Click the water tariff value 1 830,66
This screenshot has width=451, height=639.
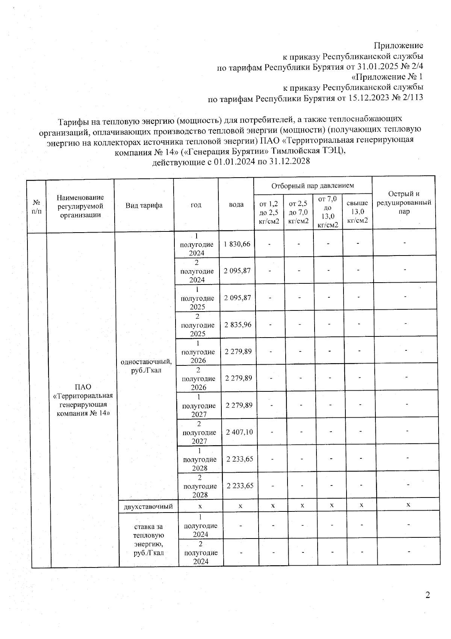coord(237,244)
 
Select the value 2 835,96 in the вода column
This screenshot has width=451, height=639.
coord(238,324)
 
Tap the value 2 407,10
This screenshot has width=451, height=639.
coord(239,432)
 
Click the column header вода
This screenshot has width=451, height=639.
coord(236,204)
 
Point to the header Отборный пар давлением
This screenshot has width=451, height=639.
coord(313,186)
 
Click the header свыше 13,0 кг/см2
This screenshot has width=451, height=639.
coord(357,212)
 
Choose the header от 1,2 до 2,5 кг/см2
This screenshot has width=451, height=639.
coord(269,212)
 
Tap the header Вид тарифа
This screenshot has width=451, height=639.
coord(144,205)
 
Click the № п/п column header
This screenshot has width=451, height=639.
coord(36,206)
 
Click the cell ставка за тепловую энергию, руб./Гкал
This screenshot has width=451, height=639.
coord(148,540)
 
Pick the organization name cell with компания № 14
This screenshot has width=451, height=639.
coord(83,400)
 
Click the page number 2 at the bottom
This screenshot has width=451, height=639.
coord(427,595)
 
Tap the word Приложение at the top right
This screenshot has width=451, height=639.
coord(398,46)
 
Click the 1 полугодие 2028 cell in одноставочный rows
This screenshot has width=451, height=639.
coord(200,459)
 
